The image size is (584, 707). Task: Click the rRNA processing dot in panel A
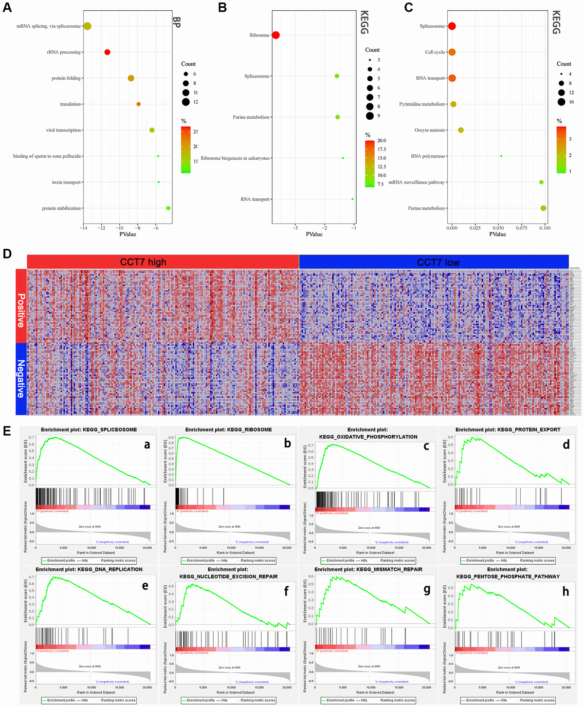107,52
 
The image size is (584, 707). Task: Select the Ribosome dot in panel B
276,35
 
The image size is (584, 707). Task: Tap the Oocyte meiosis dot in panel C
461,130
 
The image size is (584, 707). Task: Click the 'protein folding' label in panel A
66,78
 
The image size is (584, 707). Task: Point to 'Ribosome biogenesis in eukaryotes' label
235,158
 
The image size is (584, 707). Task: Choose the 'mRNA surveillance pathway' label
417,182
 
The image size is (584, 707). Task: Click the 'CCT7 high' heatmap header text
143,262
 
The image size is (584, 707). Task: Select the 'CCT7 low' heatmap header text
438,262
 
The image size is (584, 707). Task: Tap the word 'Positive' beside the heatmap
21,310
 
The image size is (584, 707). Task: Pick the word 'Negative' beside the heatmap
21,378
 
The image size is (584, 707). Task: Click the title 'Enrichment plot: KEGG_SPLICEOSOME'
89,430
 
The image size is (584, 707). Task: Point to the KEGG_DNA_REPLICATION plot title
89,569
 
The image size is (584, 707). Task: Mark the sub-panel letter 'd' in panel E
566,445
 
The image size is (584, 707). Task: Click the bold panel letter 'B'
222,7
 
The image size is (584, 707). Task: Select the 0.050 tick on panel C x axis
498,228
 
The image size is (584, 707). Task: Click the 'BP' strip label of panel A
176,22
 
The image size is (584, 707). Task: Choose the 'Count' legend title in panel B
372,50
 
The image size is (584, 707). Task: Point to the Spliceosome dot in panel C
452,26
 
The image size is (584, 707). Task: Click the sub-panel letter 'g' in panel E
427,590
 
